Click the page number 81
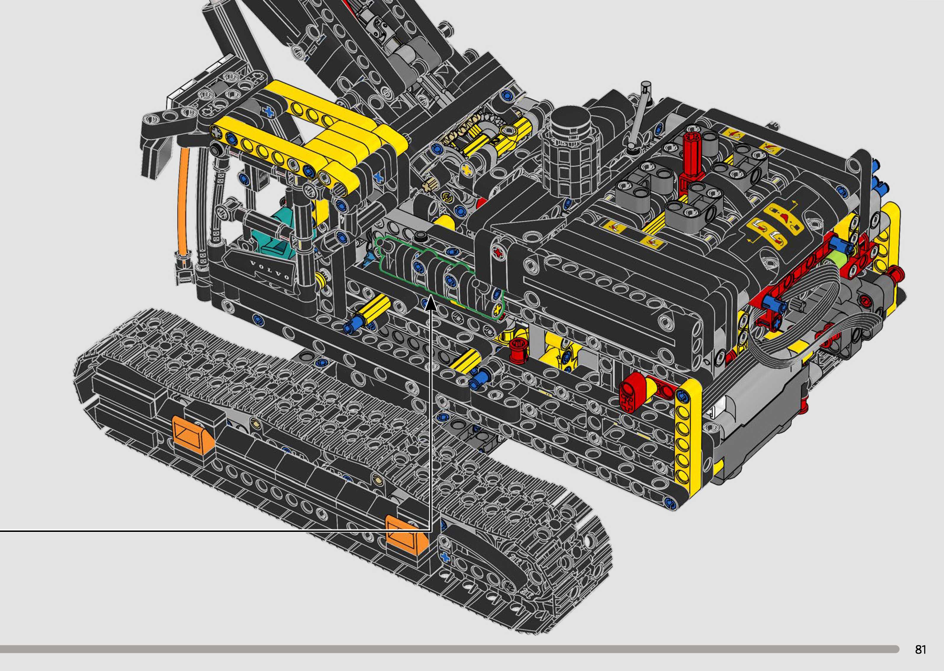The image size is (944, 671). [x=920, y=649]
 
